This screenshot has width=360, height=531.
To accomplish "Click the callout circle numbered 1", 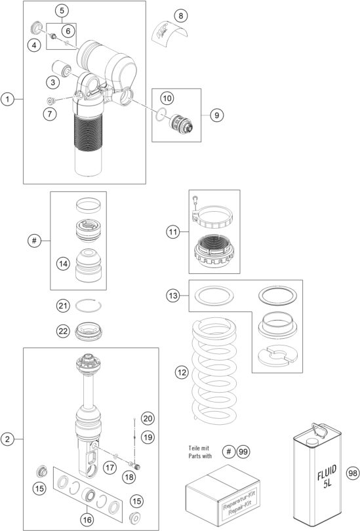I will click(8, 100).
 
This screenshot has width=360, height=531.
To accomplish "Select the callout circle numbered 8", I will click(181, 14).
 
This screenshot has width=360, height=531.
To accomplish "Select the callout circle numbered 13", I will click(173, 296).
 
